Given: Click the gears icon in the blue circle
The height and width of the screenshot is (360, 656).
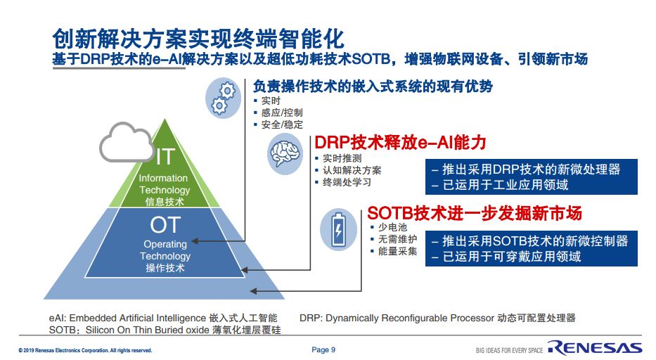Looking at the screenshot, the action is point(223,98).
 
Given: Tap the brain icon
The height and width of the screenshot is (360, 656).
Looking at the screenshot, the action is point(285,155).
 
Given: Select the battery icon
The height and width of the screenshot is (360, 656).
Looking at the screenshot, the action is point(338,230).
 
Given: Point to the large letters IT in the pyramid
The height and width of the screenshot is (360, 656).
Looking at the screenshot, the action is point(165,157).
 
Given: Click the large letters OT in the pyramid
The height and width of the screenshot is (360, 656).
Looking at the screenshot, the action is point(165,225).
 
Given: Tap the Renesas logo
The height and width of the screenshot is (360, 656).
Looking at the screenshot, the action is point(595,347).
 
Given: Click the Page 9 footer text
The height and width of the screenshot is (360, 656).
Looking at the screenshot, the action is point(323,349).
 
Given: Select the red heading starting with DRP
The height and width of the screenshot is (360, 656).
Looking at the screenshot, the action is point(400,142).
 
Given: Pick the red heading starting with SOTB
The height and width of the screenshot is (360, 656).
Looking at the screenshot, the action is point(475,213).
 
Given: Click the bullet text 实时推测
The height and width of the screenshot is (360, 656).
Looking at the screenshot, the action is point(342,158).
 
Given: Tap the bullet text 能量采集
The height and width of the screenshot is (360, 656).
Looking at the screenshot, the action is point(397,251).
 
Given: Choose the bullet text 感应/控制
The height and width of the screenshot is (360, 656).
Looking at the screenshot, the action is point(281,112).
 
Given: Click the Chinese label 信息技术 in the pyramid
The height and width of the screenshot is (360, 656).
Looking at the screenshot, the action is point(165,202).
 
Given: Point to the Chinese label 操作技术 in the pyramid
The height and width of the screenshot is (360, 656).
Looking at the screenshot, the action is point(165,268).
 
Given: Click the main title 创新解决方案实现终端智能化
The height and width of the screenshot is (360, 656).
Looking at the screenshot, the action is point(198,39).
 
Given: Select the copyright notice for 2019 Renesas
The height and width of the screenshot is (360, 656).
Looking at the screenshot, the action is point(85,350).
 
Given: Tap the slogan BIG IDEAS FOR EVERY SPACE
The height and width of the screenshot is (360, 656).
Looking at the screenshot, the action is point(509,350).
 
